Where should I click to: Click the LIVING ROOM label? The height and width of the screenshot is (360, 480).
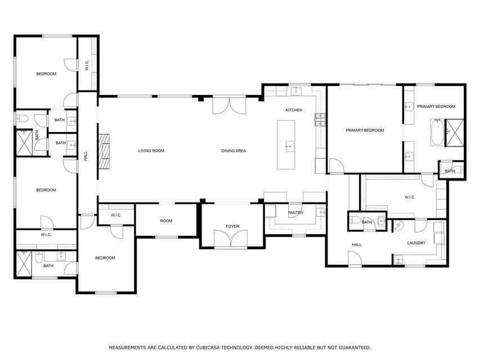151,151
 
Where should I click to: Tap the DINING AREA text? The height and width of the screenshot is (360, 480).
233,151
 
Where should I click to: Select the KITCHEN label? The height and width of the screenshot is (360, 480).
294,110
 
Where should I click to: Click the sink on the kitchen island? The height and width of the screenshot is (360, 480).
289,147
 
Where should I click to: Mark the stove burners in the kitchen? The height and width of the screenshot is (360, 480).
320,119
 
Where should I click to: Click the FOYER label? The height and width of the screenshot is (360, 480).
232,227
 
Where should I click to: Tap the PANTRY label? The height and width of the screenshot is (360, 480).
295,213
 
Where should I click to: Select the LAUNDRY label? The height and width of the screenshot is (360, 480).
416,243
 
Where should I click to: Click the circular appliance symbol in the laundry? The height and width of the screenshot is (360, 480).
399,225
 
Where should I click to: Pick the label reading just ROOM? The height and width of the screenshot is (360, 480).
166,221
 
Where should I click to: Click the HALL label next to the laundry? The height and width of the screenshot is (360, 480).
357,245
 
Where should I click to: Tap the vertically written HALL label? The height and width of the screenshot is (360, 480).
86,157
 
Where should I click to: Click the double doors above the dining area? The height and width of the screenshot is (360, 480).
229,105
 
